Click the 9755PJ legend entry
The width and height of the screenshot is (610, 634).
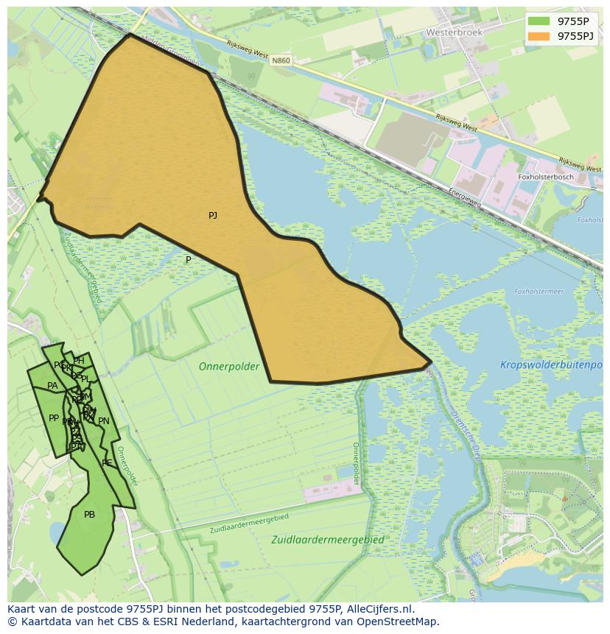tap(575, 35)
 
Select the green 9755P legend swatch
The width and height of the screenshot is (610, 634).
tap(539, 21)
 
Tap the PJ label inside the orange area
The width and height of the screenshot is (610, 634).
tap(213, 216)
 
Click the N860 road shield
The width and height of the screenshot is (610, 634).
tap(280, 60)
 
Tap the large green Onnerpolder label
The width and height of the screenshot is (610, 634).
tap(229, 366)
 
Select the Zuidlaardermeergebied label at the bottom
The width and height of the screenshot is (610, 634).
tap(327, 539)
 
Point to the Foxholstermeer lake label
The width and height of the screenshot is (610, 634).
tap(539, 292)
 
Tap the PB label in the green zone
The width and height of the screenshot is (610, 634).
tap(89, 515)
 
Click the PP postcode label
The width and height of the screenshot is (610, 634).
tap(54, 418)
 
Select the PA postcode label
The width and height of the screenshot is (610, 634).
tap(52, 386)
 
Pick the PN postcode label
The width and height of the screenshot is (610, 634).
tap(104, 421)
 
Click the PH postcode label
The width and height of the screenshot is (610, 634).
tap(79, 361)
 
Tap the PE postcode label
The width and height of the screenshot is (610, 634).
tap(107, 462)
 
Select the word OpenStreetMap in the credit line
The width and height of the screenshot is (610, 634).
tap(400, 621)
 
